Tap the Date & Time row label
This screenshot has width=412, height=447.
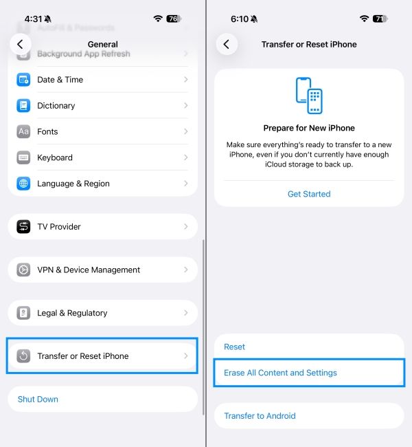pyautogui.click(x=60, y=80)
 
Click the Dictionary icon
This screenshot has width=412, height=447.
pyautogui.click(x=24, y=106)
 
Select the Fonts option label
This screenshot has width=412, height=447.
pyautogui.click(x=47, y=132)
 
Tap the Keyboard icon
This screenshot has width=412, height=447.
pyautogui.click(x=24, y=157)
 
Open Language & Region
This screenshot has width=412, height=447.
pyautogui.click(x=73, y=184)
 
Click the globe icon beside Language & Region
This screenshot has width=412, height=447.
pyautogui.click(x=24, y=184)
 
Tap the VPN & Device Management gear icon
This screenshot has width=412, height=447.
pyautogui.click(x=24, y=270)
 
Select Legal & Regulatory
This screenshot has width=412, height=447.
pyautogui.click(x=72, y=313)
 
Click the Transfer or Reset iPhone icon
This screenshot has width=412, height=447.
pyautogui.click(x=24, y=356)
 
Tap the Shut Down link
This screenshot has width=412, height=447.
pyautogui.click(x=38, y=399)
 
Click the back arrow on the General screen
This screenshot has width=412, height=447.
pyautogui.click(x=21, y=44)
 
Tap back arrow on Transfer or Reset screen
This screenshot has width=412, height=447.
pyautogui.click(x=227, y=44)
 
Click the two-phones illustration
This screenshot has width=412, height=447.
pyautogui.click(x=308, y=96)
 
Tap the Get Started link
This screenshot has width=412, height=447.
pyautogui.click(x=308, y=194)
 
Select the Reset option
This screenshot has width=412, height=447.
pyautogui.click(x=235, y=347)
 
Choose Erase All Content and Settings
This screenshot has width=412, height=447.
pyautogui.click(x=280, y=373)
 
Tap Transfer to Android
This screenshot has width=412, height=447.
pyautogui.click(x=260, y=415)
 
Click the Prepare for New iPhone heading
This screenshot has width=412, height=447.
pyautogui.click(x=308, y=128)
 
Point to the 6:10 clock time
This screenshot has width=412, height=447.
pyautogui.click(x=240, y=19)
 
